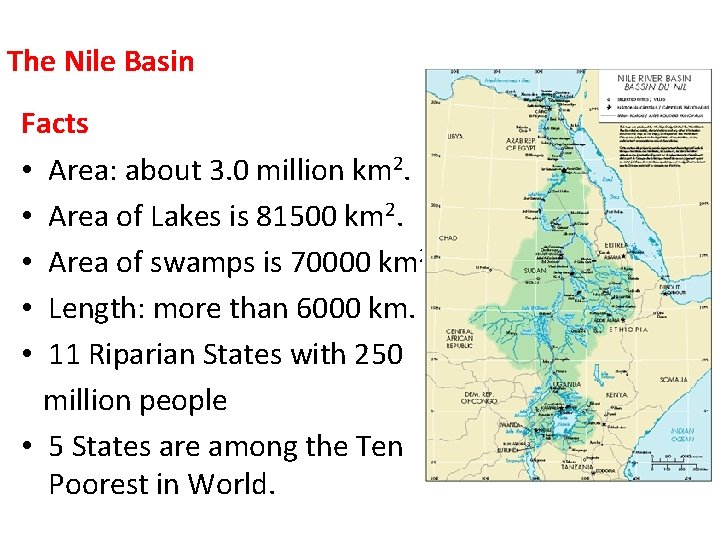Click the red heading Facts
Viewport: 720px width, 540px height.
(x=55, y=124)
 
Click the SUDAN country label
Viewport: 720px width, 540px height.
(x=535, y=270)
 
